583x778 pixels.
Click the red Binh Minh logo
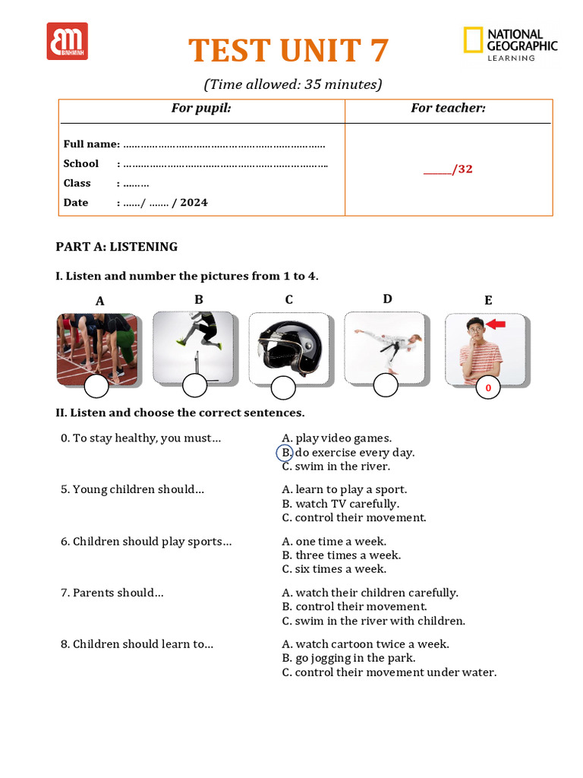tap(67, 41)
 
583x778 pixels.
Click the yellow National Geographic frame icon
tap(473, 40)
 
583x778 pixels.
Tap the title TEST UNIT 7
tap(288, 51)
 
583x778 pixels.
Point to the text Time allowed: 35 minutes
tap(292, 84)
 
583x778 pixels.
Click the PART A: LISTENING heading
tap(117, 247)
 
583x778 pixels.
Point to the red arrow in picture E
tap(496, 325)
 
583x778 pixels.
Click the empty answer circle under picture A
tap(96, 387)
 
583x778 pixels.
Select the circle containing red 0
tap(488, 388)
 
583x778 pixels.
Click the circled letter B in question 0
tap(284, 453)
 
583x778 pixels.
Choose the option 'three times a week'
tap(348, 555)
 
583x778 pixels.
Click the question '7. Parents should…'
tap(112, 593)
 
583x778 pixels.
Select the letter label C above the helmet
tap(288, 300)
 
